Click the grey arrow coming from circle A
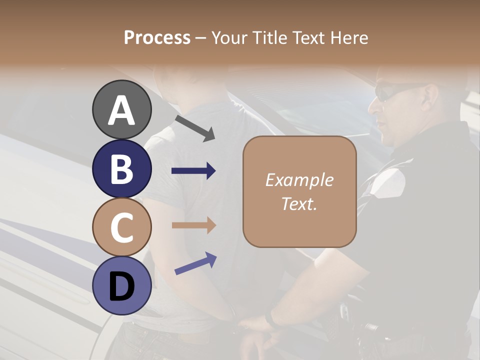click(x=195, y=127)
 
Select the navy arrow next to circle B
click(x=193, y=171)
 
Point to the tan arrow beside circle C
click(x=193, y=225)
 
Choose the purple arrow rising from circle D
click(x=195, y=263)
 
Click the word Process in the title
click(x=157, y=37)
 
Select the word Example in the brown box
click(x=299, y=180)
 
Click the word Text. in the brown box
click(x=299, y=203)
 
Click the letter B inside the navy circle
click(x=122, y=169)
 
